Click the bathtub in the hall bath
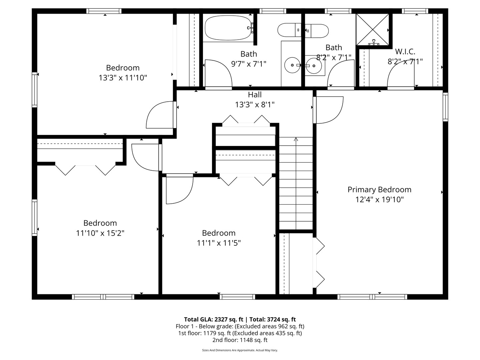(228, 28)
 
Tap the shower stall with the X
(372, 30)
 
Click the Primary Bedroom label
(379, 190)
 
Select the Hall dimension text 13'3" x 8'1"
(255, 105)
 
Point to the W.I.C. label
(405, 52)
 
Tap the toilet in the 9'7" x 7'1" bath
(289, 30)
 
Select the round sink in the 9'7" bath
(292, 65)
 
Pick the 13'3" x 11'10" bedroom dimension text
(123, 78)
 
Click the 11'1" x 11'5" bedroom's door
(180, 189)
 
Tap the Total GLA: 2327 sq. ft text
(213, 319)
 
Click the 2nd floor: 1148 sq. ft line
(240, 340)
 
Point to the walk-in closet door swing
(401, 75)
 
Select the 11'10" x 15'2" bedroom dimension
(100, 233)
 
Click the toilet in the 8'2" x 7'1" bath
(317, 31)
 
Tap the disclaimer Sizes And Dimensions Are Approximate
(240, 350)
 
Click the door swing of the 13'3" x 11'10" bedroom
(161, 115)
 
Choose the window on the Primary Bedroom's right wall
(445, 107)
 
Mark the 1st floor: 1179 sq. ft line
(240, 333)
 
